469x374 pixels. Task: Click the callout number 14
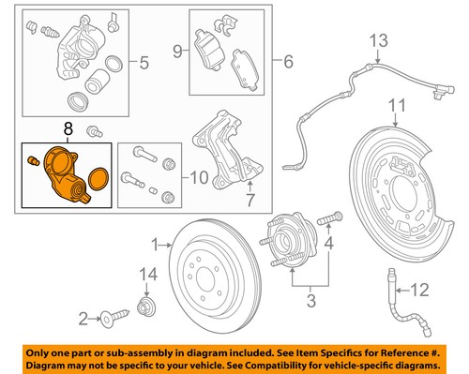tap(143, 274)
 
